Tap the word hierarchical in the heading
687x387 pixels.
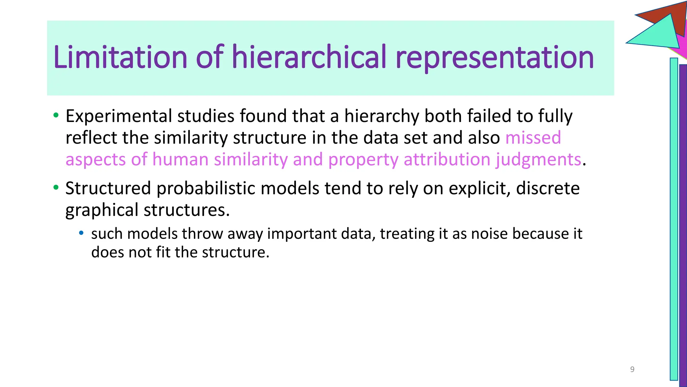pyautogui.click(x=309, y=57)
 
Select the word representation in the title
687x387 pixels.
pyautogui.click(x=494, y=58)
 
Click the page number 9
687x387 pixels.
pyautogui.click(x=632, y=369)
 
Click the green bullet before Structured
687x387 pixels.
pyautogui.click(x=56, y=187)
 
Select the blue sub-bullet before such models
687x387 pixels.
pyautogui.click(x=81, y=233)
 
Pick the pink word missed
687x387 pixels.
pyautogui.click(x=533, y=138)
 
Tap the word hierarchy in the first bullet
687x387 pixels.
pyautogui.click(x=381, y=116)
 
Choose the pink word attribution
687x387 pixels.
pyautogui.click(x=447, y=159)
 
